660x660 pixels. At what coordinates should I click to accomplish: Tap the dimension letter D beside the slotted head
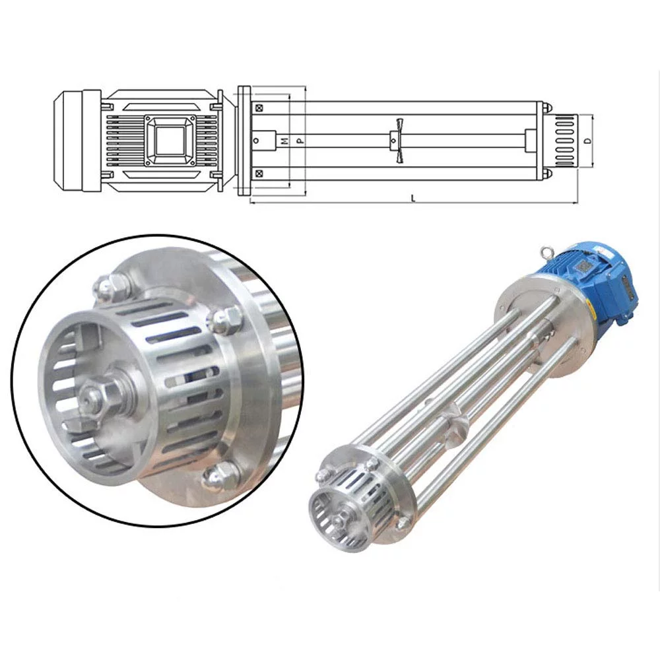(585, 141)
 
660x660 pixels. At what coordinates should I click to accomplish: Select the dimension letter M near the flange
(284, 141)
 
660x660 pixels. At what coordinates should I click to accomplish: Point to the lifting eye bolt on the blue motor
(545, 252)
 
